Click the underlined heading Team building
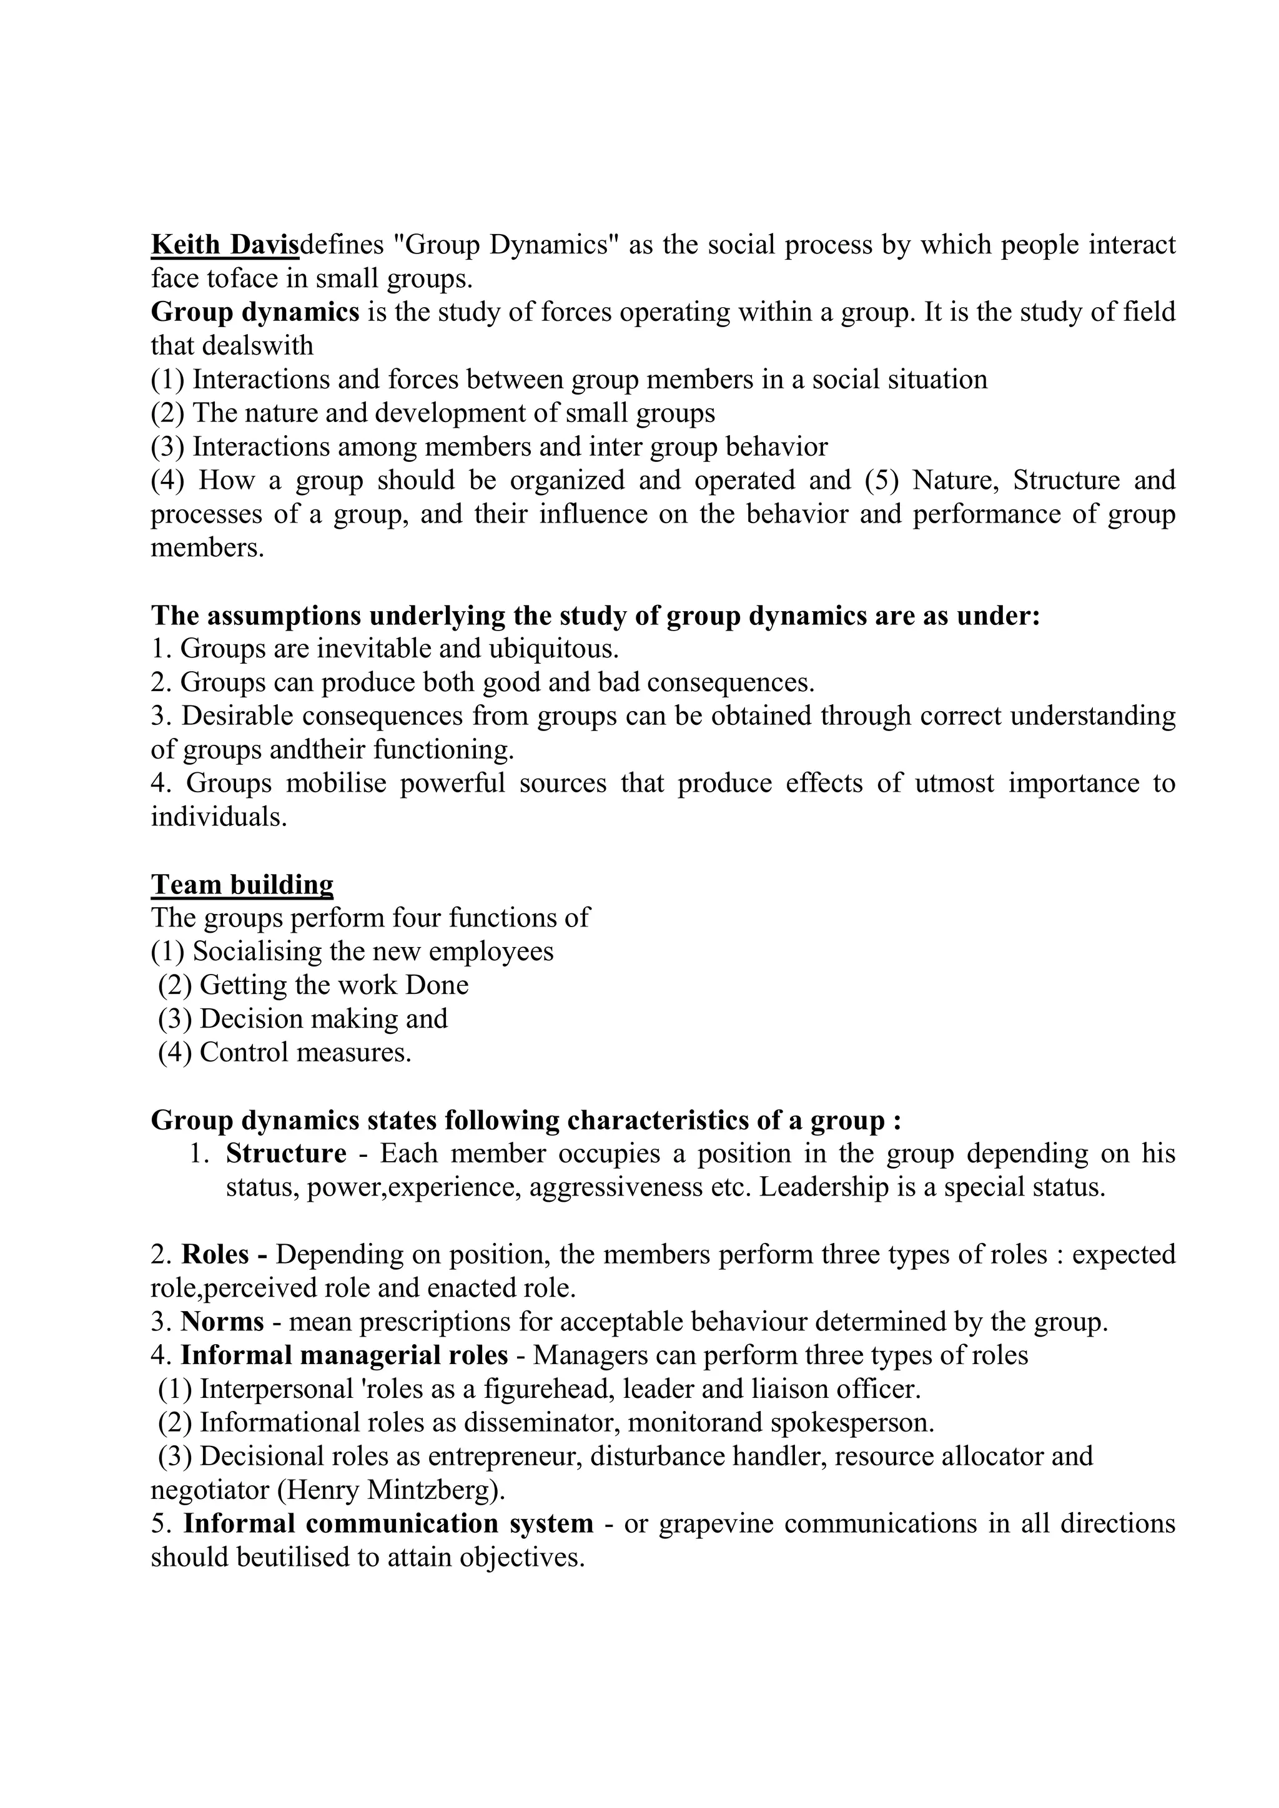coord(242,884)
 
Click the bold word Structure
coord(286,1154)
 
